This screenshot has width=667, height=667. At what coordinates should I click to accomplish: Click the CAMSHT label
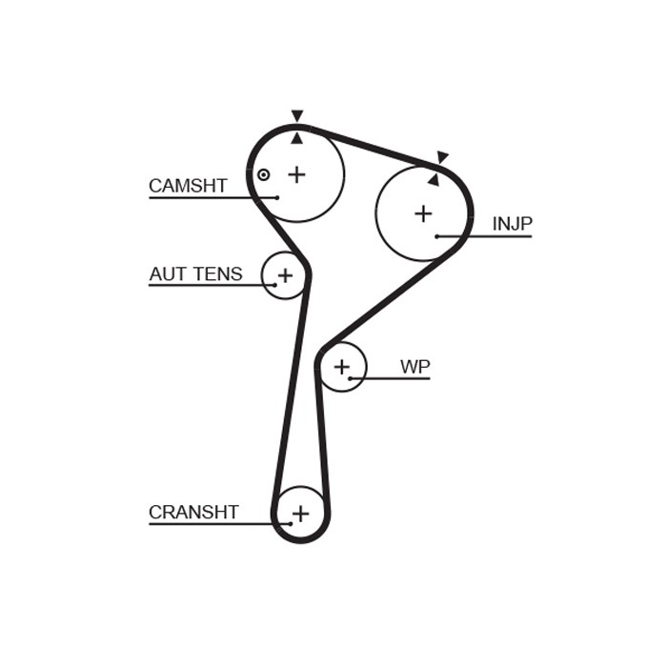[188, 186]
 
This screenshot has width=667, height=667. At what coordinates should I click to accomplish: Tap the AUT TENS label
[195, 274]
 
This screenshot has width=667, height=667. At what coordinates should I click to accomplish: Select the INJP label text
[512, 224]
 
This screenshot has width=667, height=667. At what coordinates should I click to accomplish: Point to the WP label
[414, 367]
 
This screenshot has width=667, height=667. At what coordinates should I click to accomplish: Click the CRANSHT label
[193, 513]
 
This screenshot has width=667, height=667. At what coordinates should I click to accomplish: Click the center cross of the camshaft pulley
[297, 174]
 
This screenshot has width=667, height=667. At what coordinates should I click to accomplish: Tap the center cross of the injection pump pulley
[423, 213]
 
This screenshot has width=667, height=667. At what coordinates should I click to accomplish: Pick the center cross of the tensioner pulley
[285, 275]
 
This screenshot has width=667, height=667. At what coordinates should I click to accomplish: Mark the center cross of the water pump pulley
[341, 367]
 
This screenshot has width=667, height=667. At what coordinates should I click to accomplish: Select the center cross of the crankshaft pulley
[300, 514]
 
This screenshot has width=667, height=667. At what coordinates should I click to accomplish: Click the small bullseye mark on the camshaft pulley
[264, 174]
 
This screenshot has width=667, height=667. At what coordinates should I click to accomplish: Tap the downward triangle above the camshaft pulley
[297, 116]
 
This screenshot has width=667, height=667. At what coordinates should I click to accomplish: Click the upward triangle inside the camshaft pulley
[297, 138]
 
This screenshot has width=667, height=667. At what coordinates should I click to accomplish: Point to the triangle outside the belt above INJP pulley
[442, 157]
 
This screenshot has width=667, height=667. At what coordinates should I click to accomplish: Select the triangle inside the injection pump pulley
[434, 179]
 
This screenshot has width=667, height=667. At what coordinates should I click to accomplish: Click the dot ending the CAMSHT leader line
[277, 197]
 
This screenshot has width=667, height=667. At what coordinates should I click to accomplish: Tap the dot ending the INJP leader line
[436, 236]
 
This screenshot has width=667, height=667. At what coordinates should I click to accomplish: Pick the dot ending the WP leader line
[351, 378]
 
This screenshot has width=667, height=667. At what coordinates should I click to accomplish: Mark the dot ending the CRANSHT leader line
[290, 523]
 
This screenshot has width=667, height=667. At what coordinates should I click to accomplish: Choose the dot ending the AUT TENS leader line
[274, 285]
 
